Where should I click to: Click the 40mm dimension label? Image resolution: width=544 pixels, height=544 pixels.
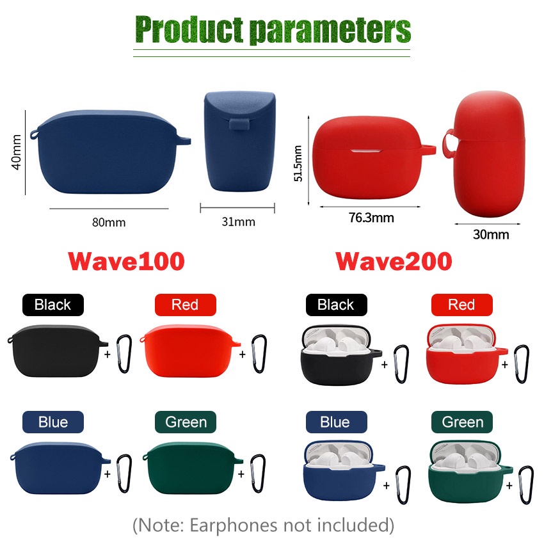[16, 152]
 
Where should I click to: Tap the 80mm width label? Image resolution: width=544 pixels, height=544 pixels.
[109, 222]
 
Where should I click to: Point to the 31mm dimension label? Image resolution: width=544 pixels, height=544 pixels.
[238, 221]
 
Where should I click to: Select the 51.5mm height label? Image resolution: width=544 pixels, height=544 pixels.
[298, 163]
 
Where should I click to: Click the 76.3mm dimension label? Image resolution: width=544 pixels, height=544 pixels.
[371, 218]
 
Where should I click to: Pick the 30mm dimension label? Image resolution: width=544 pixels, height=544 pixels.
[491, 234]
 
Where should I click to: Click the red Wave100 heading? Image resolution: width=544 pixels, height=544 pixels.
[126, 261]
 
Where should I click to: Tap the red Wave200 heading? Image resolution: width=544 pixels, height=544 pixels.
[394, 261]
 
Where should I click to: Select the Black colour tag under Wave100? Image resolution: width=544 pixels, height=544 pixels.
[53, 305]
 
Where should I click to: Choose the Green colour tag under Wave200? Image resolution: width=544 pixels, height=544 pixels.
[462, 422]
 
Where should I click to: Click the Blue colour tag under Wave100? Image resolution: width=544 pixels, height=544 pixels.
[53, 422]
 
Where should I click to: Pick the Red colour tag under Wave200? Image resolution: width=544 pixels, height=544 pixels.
[462, 305]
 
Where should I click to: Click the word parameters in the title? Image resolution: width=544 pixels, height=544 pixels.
[330, 30]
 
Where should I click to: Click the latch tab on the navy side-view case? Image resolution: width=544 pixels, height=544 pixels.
[239, 125]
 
